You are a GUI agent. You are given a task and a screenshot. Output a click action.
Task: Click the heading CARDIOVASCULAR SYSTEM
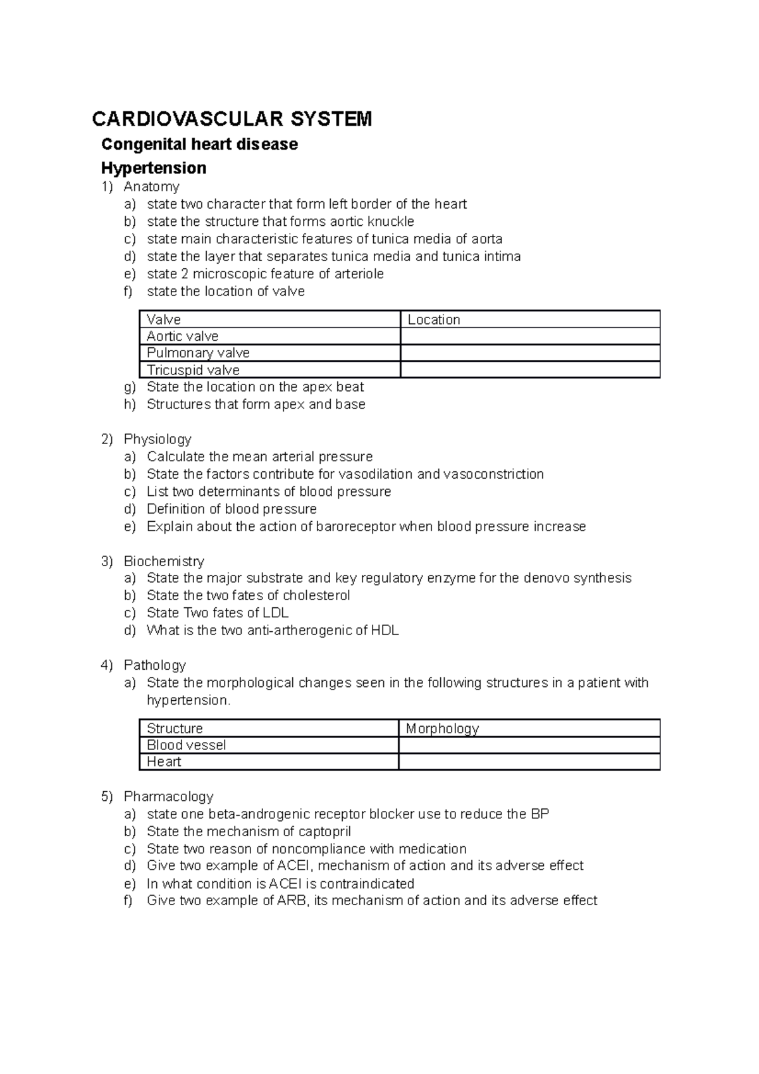tap(232, 118)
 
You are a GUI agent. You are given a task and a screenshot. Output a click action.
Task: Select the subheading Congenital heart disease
tap(199, 144)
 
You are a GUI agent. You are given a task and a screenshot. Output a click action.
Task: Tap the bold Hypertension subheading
tap(154, 168)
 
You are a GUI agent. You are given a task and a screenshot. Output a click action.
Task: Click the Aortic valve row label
tap(183, 336)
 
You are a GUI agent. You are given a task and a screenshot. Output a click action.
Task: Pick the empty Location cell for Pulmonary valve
tap(530, 353)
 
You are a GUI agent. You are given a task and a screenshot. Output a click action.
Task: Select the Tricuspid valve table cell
tap(193, 370)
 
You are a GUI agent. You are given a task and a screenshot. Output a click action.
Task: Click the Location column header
tap(434, 319)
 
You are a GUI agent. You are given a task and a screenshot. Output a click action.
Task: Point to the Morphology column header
tap(442, 728)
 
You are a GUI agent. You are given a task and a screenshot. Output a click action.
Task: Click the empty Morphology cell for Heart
tap(529, 762)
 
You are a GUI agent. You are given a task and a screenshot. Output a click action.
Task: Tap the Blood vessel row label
tap(186, 745)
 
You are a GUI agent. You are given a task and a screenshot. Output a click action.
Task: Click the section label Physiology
tap(157, 439)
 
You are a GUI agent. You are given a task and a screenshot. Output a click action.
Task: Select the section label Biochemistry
tap(164, 561)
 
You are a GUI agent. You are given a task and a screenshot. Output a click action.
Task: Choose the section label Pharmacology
tap(168, 796)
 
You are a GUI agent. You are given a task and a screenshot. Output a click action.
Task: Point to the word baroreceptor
tap(355, 526)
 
